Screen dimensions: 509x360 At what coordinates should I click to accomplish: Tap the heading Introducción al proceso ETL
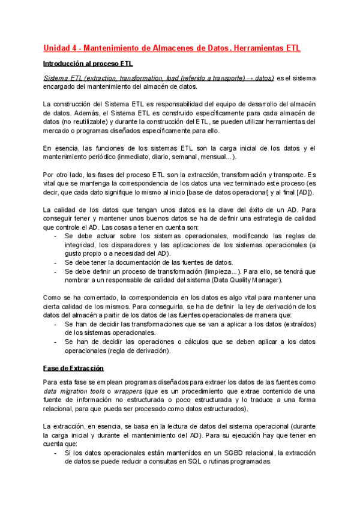coord(88,63)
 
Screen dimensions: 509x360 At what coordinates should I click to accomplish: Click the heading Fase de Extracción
coord(74,367)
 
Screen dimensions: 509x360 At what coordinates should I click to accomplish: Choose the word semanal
coord(176,157)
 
